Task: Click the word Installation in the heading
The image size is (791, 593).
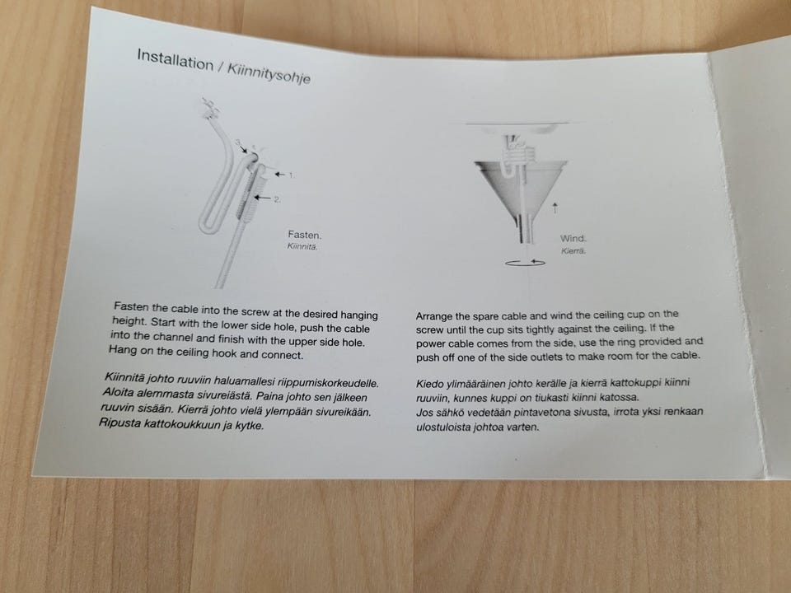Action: [175, 60]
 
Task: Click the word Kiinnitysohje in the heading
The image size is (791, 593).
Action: [269, 73]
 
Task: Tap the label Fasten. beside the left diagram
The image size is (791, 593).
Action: [305, 235]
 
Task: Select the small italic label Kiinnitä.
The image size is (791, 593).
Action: [302, 246]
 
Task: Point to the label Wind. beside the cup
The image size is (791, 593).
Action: [573, 239]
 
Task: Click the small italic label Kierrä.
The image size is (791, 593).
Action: [573, 250]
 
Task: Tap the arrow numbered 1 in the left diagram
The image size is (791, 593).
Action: [279, 175]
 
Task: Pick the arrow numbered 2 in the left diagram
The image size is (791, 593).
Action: [262, 198]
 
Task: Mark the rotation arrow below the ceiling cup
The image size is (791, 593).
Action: [525, 263]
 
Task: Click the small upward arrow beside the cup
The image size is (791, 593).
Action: [555, 208]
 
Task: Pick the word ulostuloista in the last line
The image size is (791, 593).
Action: [443, 427]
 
